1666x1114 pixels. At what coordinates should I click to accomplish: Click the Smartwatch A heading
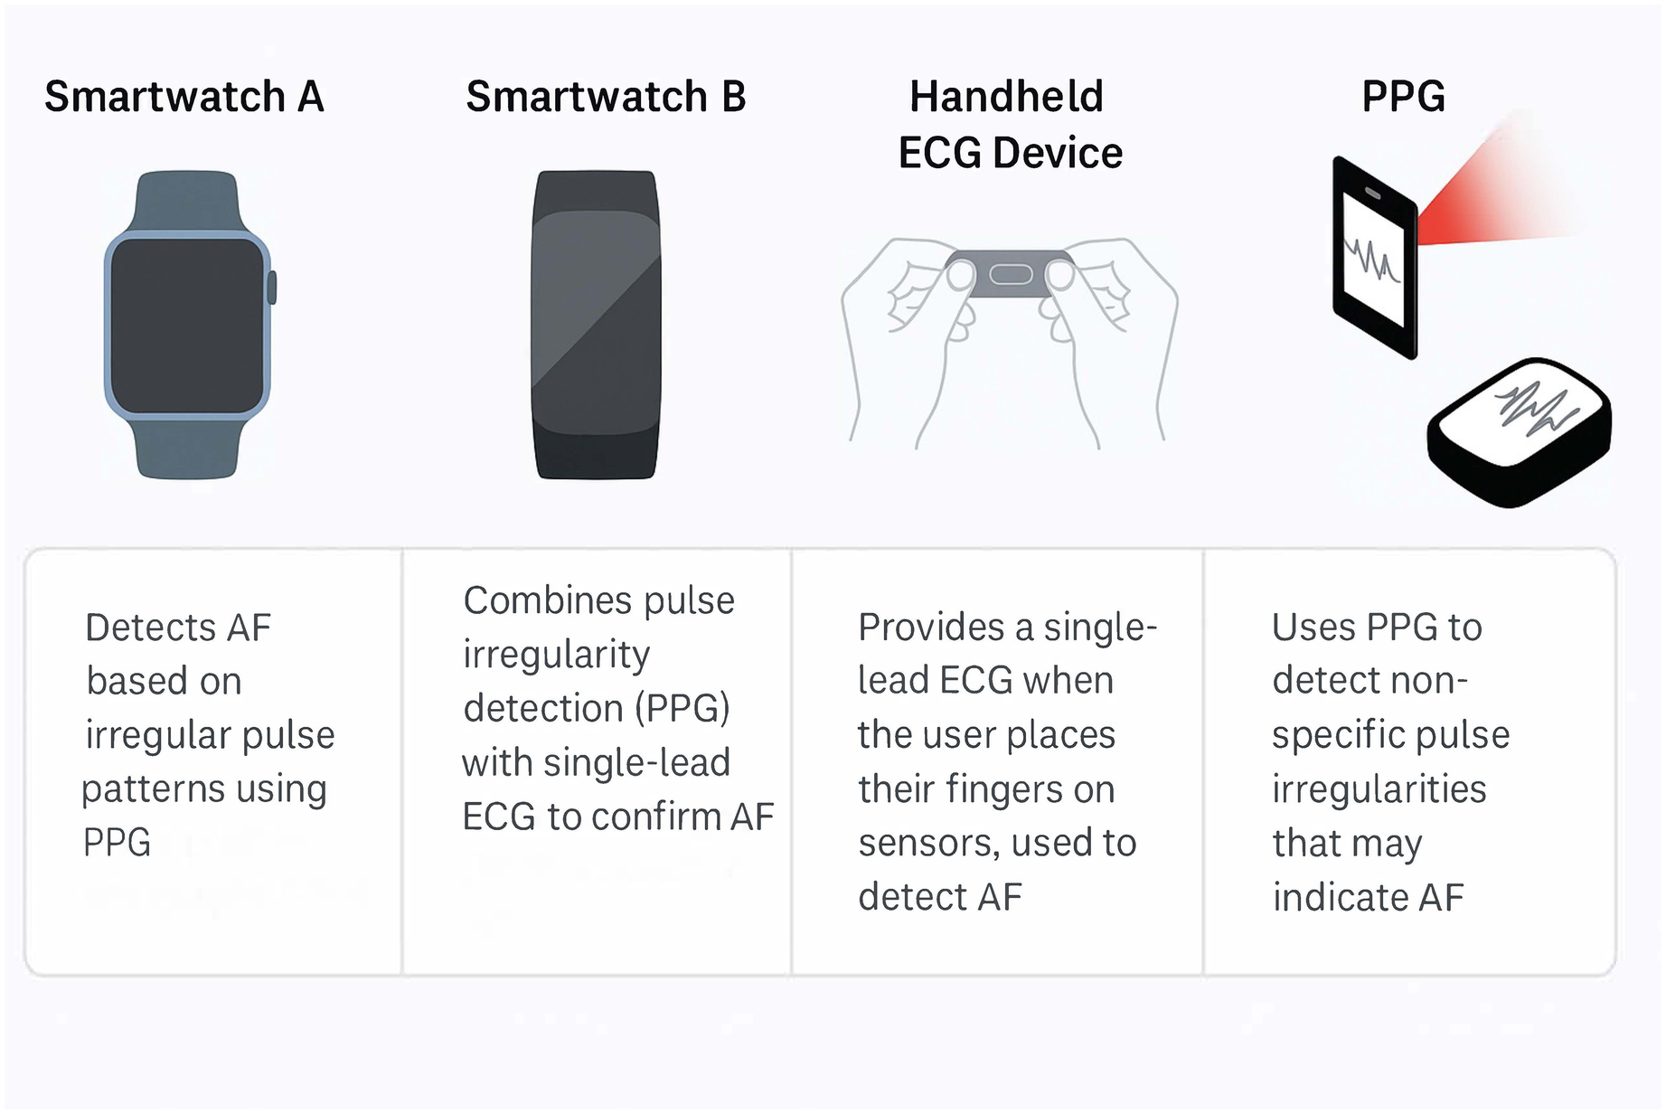(184, 97)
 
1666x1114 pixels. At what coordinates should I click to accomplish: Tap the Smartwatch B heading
(606, 97)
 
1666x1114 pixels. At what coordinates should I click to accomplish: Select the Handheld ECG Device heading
(1009, 125)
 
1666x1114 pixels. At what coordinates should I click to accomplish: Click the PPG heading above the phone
(1403, 97)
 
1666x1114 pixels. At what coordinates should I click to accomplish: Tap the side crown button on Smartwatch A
(272, 288)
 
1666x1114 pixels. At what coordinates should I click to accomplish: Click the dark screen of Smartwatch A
(187, 326)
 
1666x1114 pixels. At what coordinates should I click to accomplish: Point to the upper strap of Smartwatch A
(187, 201)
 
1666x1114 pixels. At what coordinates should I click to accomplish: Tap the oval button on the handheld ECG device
(1011, 274)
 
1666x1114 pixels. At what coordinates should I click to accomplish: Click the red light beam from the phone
(1492, 194)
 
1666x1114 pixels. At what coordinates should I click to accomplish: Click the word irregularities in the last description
(1379, 789)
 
